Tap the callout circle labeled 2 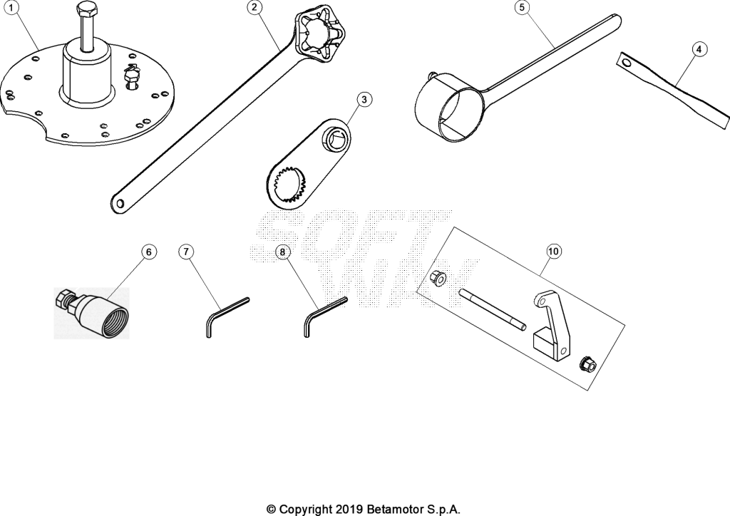255,7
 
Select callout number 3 364,100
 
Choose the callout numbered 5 522,7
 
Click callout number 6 149,252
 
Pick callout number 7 186,252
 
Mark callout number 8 282,252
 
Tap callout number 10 553,252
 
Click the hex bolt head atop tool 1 87,9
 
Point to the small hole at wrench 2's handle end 120,203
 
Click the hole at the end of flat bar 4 626,62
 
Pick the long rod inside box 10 493,309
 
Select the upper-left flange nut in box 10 438,278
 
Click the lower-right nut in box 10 588,364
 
